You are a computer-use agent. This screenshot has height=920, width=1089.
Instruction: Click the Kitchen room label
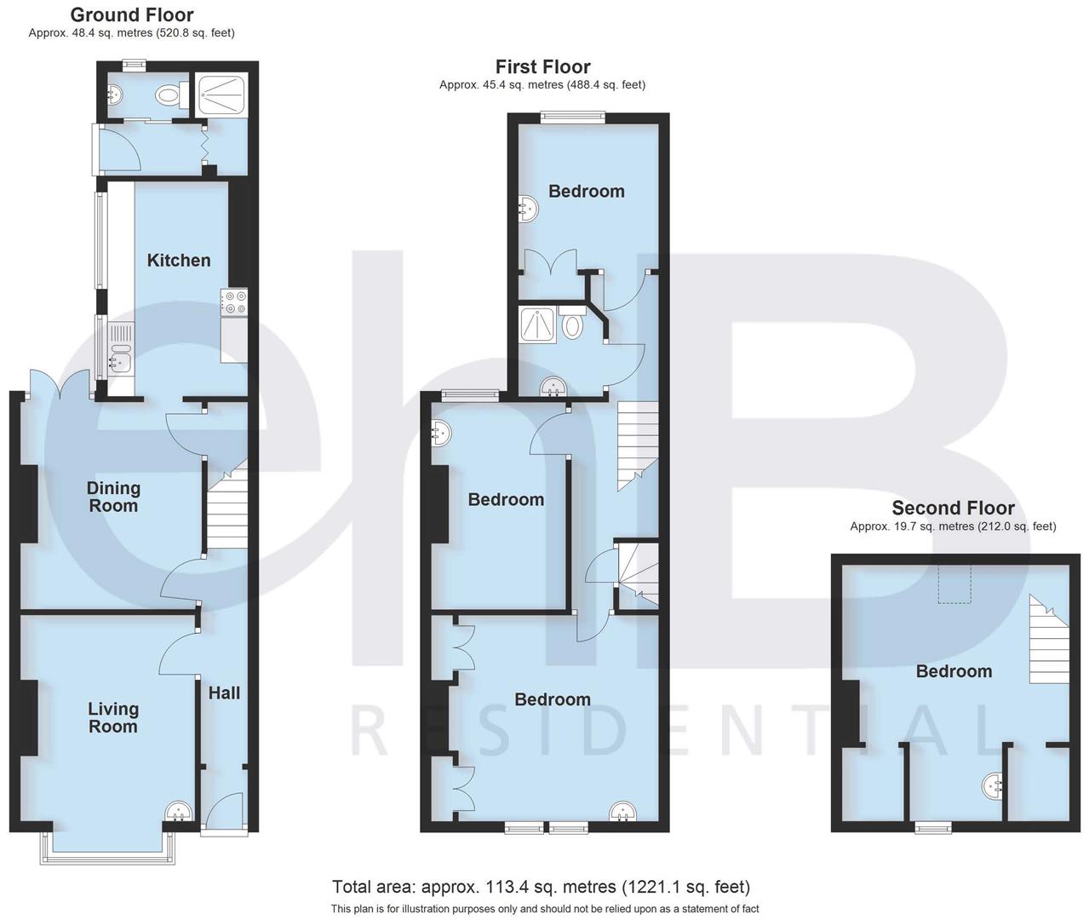click(x=179, y=261)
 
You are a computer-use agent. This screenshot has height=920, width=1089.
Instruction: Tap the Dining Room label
click(x=113, y=497)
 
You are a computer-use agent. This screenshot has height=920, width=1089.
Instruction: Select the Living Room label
click(x=113, y=717)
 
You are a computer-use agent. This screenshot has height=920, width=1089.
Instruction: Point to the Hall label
click(x=224, y=693)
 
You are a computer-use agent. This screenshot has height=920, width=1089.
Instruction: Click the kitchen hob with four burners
click(x=233, y=302)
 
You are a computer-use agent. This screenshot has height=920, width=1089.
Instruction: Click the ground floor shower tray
click(x=221, y=95)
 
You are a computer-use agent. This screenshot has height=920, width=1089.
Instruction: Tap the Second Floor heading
click(x=953, y=509)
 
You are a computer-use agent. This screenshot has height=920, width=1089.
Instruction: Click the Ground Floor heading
click(x=131, y=15)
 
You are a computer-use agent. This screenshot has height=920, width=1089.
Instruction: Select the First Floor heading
click(x=542, y=66)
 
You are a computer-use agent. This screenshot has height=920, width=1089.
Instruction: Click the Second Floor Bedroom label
click(x=954, y=671)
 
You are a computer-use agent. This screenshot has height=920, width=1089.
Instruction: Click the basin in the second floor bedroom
click(x=993, y=786)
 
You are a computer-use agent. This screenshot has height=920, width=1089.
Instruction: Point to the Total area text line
click(x=541, y=887)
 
